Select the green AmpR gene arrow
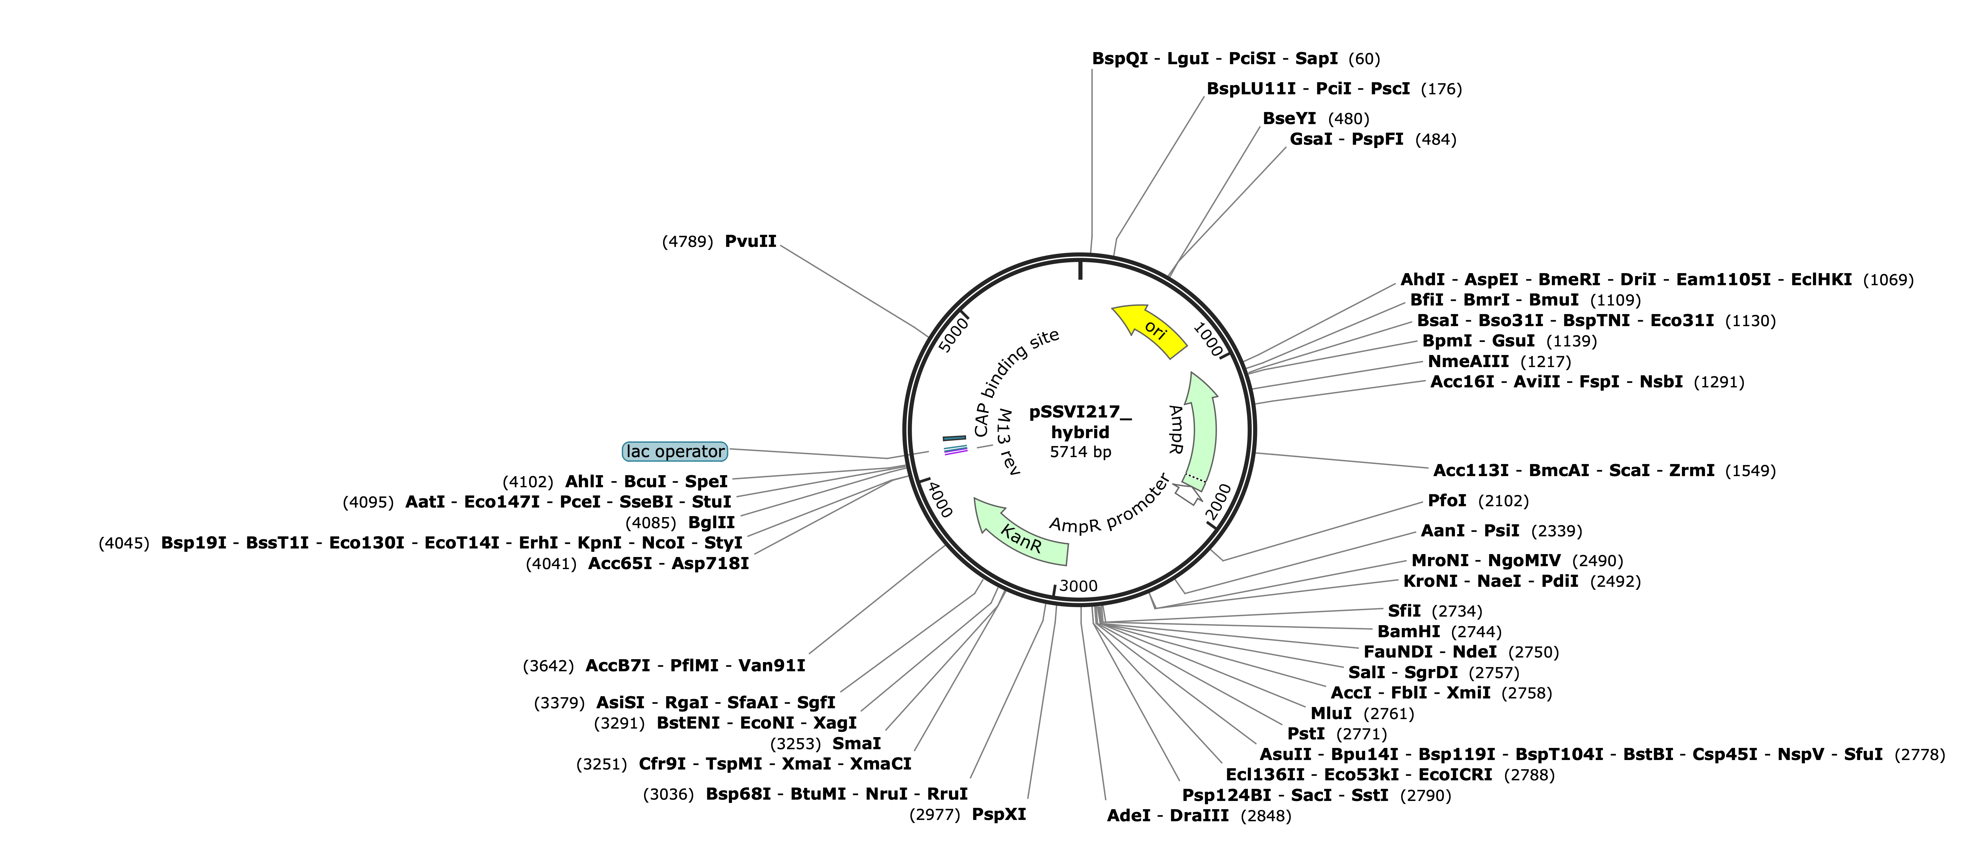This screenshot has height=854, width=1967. click(1200, 431)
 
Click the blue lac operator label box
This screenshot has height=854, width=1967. click(675, 452)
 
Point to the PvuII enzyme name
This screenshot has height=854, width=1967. click(751, 242)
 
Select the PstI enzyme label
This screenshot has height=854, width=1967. click(1306, 734)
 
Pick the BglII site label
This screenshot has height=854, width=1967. click(712, 523)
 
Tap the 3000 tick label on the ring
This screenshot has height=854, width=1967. click(1078, 586)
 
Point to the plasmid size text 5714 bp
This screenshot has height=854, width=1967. click(1080, 452)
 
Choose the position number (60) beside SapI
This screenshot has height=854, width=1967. click(1365, 59)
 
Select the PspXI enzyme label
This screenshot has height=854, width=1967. click(999, 815)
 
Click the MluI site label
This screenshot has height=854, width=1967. click(1331, 714)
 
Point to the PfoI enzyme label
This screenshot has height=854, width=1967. click(1447, 501)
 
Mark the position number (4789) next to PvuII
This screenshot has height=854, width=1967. click(687, 242)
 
